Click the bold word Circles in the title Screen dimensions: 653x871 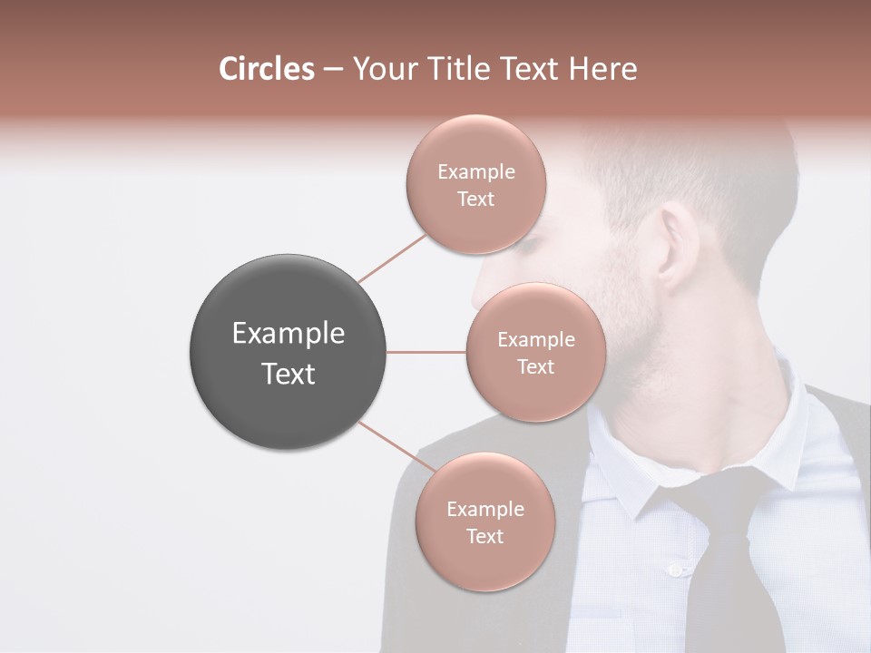click(x=266, y=69)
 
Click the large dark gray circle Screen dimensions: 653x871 click(x=289, y=353)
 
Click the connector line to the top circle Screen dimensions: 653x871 click(x=392, y=258)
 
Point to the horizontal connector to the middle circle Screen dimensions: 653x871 click(x=426, y=352)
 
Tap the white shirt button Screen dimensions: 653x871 click(x=674, y=570)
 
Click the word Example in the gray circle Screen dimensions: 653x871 click(x=289, y=334)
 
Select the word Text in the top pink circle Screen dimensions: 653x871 click(x=476, y=200)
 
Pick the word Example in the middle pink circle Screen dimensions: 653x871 click(x=536, y=340)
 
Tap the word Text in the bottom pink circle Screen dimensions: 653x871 click(x=484, y=537)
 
